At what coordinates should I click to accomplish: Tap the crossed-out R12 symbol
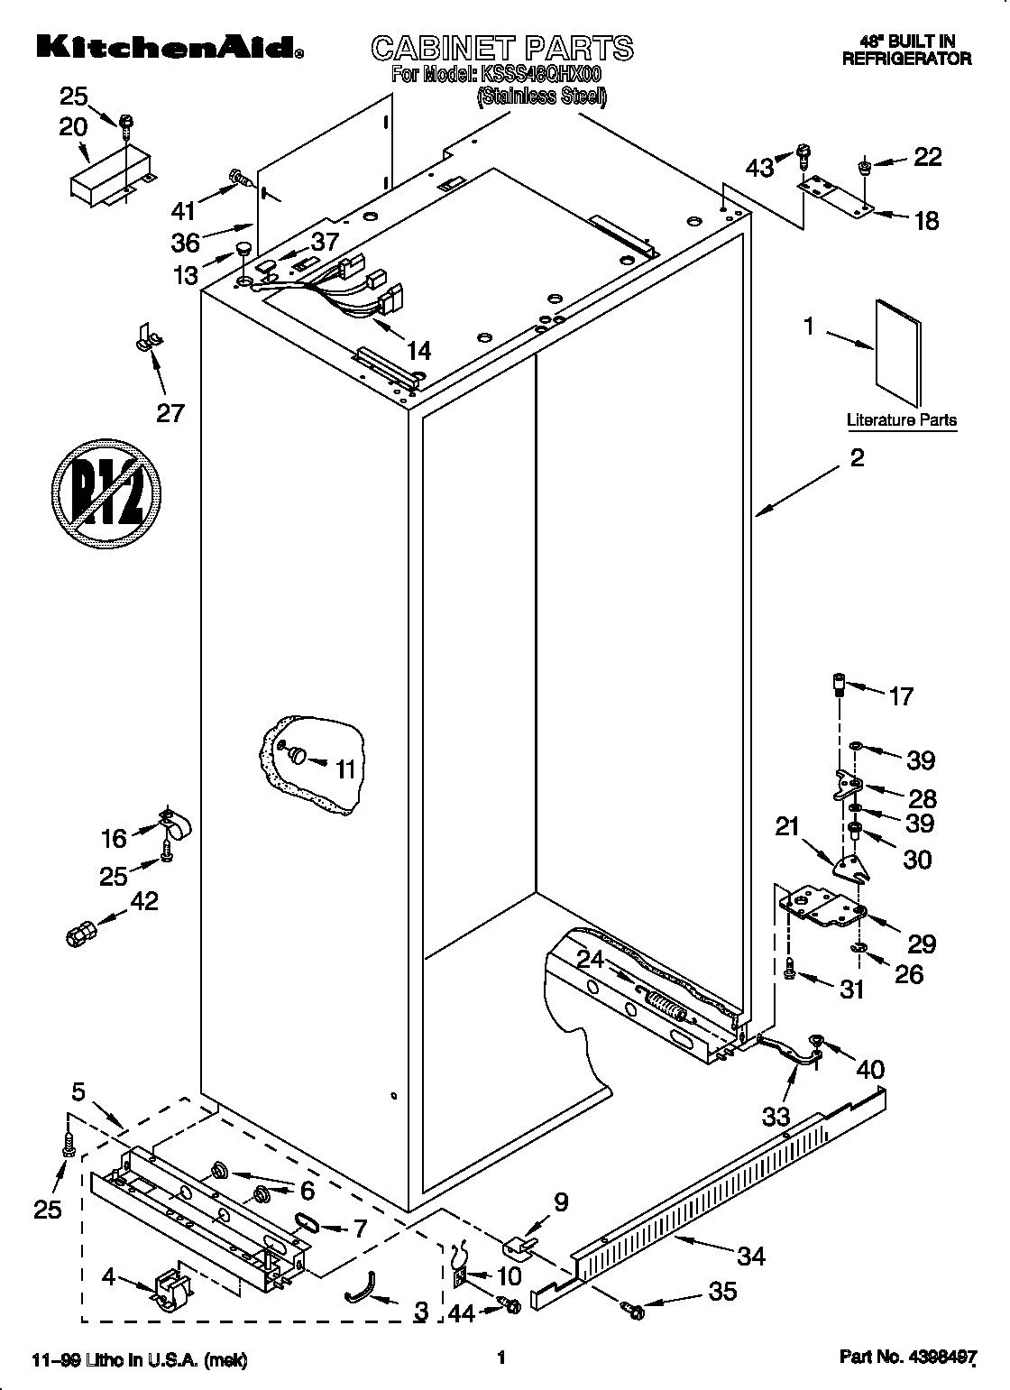pos(106,492)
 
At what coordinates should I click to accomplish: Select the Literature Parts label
pos(901,419)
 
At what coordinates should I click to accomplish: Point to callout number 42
pos(144,901)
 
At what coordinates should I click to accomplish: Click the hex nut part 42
pos(80,934)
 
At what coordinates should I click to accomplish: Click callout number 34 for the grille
pos(750,1255)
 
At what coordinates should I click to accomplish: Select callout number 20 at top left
pos(73,127)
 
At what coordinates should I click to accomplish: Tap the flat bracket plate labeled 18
pos(835,195)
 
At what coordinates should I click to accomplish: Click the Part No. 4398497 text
pos(907,1358)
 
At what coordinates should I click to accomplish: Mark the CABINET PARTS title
pos(502,47)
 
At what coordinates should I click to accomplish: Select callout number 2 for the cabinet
pos(857,458)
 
